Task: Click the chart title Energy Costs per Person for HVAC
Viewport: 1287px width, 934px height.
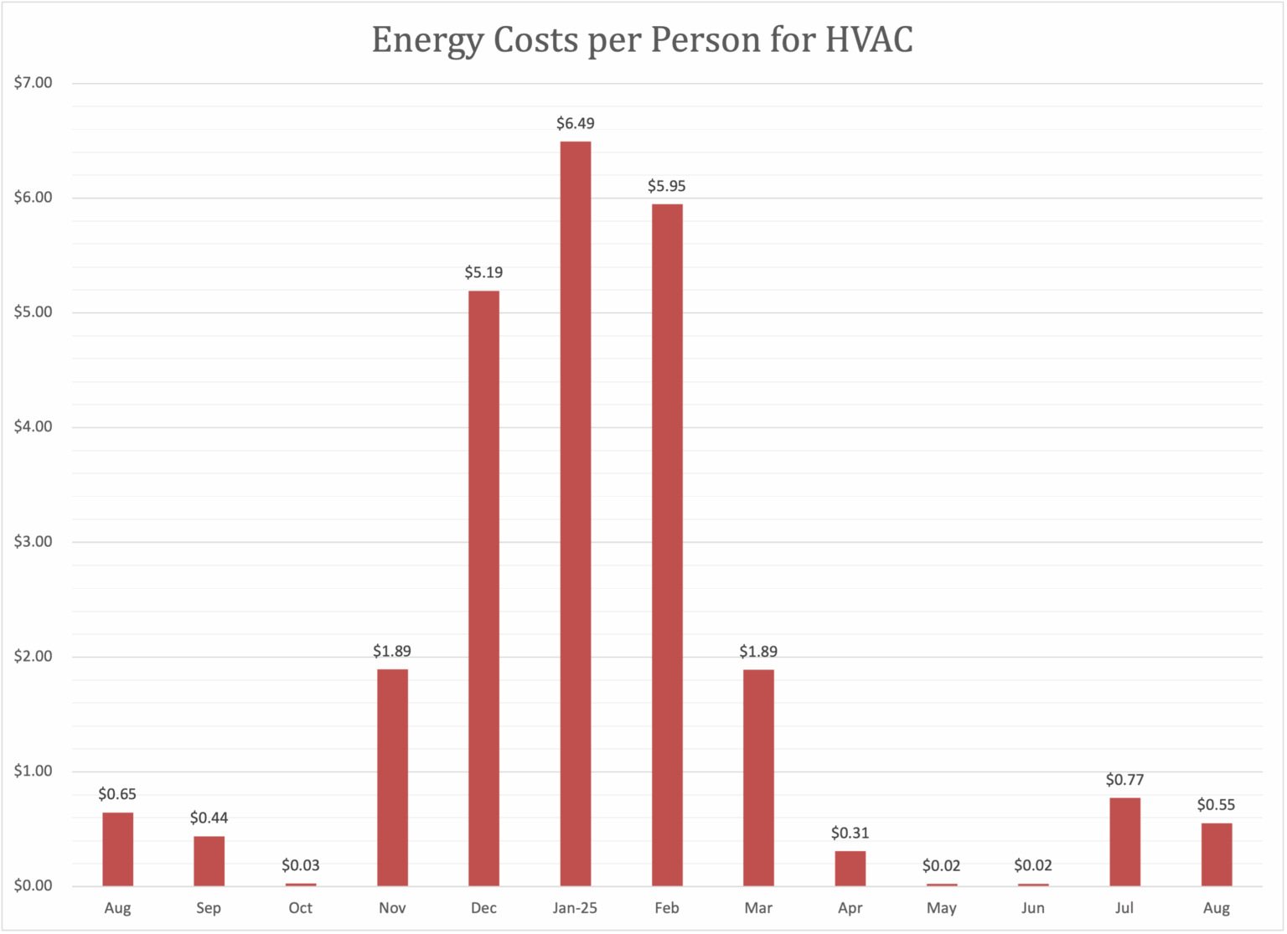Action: [x=642, y=40]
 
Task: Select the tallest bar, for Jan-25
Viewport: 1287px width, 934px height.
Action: [x=576, y=513]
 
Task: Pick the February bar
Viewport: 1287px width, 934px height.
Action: [x=667, y=544]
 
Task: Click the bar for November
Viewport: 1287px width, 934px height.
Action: [x=392, y=777]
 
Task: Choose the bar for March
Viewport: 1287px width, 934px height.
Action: [x=758, y=777]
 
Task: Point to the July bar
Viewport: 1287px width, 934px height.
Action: [x=1124, y=841]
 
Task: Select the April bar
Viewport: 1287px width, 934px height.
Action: [x=850, y=868]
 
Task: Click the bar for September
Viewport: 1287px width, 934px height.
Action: [x=209, y=860]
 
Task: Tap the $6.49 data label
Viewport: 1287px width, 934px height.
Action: [x=576, y=124]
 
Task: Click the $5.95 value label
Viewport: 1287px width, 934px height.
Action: [x=667, y=186]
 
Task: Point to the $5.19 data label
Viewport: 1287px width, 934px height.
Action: [x=483, y=273]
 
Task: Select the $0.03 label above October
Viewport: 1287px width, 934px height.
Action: [x=301, y=865]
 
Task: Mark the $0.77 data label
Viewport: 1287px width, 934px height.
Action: [x=1124, y=780]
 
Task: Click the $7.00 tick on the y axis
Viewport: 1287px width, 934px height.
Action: [x=34, y=83]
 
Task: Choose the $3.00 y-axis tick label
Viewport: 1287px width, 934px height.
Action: [x=34, y=542]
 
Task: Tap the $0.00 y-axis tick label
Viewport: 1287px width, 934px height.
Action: [x=34, y=885]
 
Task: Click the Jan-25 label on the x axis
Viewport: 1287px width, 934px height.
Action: [x=576, y=908]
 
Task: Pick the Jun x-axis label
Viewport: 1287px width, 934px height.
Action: [x=1033, y=908]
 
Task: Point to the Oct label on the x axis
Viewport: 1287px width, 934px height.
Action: [x=301, y=908]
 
